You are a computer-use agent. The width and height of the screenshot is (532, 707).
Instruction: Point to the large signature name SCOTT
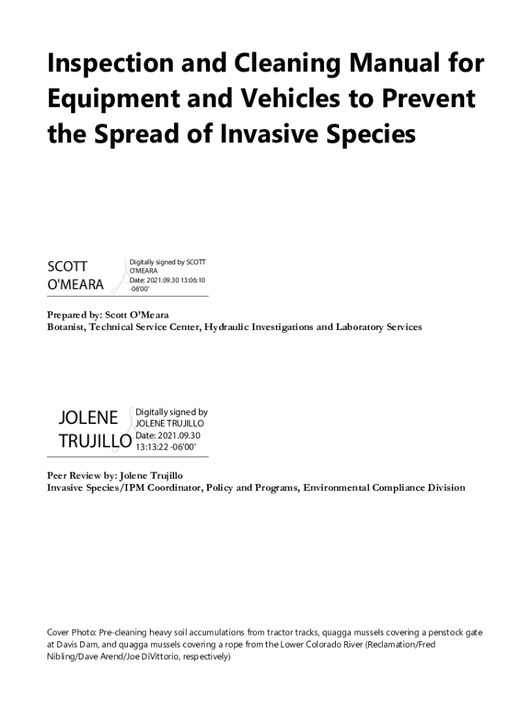[67, 267]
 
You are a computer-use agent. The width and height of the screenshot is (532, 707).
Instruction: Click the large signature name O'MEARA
[75, 284]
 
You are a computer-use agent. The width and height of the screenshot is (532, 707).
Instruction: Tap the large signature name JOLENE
[88, 417]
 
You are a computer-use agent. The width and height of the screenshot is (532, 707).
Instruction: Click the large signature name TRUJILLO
[95, 440]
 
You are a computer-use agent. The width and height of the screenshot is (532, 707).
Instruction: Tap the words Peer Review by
[80, 476]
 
